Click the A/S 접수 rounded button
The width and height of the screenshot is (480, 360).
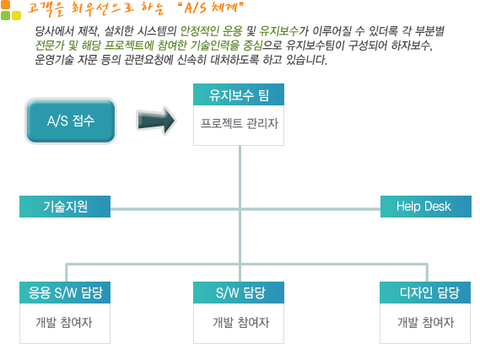point(71,121)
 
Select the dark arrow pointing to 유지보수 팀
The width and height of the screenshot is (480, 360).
point(156,121)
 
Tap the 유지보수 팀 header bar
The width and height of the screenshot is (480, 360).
point(239,94)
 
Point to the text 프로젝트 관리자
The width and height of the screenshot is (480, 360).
point(239,124)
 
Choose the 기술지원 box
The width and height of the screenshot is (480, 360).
point(65,207)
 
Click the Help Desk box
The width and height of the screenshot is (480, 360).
point(426,207)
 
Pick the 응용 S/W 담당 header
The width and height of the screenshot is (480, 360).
point(65,293)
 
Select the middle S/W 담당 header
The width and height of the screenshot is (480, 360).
point(239,293)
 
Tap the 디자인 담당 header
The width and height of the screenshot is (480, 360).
point(425,293)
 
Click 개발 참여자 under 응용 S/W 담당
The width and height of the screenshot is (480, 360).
point(64,322)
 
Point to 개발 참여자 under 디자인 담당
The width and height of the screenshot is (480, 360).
point(425,322)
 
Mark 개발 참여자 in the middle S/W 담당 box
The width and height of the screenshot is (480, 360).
point(241,322)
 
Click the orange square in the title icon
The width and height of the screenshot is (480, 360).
point(5,4)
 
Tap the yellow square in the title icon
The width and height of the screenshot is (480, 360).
point(16,16)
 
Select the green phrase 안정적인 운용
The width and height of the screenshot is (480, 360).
point(211,31)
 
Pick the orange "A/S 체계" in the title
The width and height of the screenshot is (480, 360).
point(211,8)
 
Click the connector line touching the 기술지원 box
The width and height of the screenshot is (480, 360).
point(245,209)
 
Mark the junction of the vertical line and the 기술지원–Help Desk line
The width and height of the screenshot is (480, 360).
point(240,209)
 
